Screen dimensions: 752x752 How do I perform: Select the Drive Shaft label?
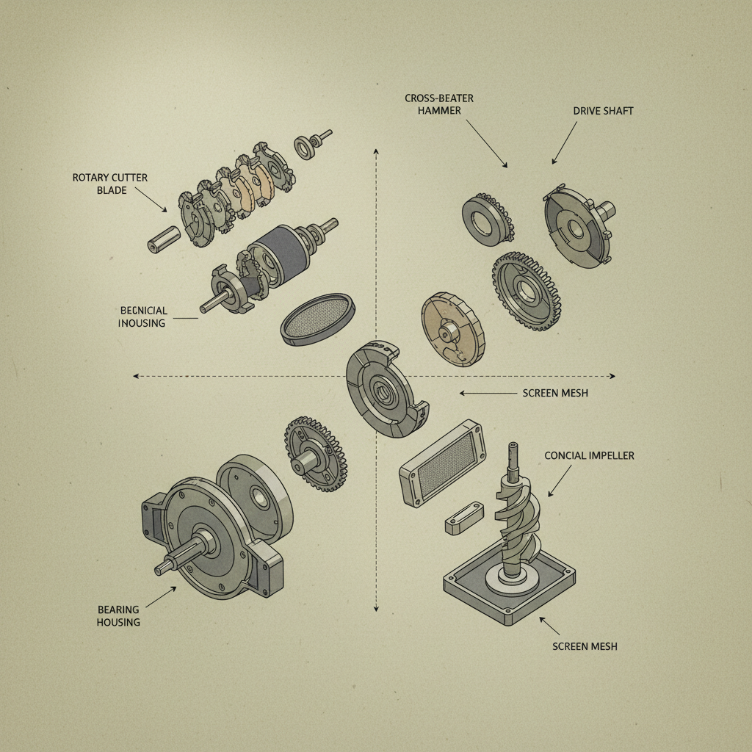click(603, 111)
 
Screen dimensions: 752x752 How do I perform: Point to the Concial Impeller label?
click(589, 455)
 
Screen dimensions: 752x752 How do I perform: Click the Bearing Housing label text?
click(118, 615)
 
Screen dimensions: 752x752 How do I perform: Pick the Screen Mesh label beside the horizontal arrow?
click(555, 393)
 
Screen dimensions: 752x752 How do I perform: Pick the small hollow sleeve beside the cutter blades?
click(164, 238)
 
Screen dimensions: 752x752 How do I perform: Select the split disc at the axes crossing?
click(386, 389)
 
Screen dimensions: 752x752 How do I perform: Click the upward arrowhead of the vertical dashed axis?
click(376, 151)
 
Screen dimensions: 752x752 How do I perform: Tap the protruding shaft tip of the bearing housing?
click(162, 568)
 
